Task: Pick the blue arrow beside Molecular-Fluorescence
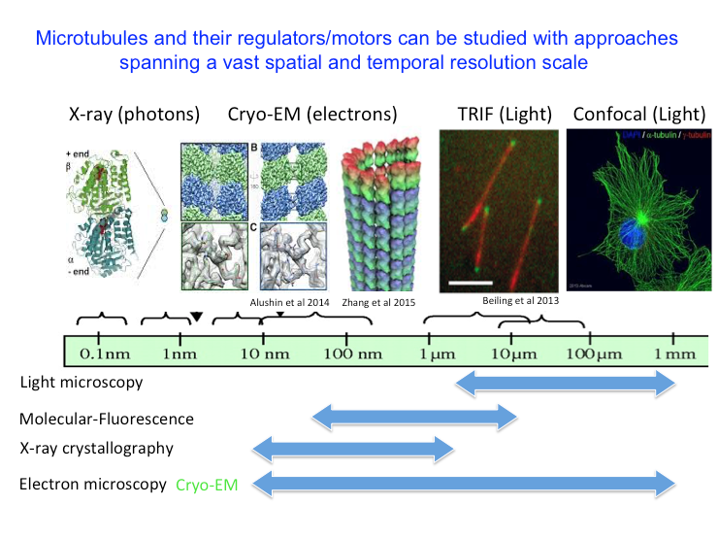414,419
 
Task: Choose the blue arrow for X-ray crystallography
351,449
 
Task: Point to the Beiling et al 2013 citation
519,301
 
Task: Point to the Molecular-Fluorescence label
106,420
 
